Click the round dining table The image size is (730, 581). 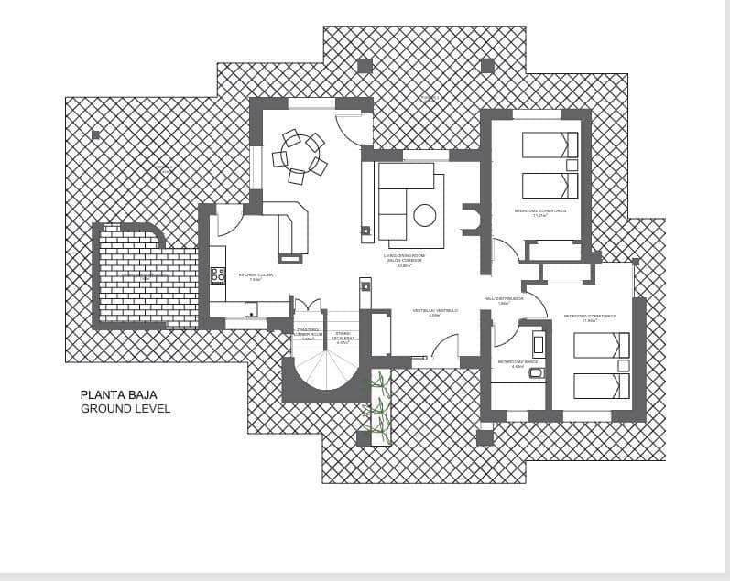[x=298, y=156]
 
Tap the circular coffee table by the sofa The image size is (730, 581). [x=424, y=215]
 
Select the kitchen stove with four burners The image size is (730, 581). [x=218, y=274]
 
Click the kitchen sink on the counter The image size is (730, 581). [x=250, y=309]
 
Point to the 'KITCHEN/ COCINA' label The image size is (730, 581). [x=256, y=274]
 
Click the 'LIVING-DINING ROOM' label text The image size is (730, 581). [x=404, y=255]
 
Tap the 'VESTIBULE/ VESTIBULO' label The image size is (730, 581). [x=434, y=311]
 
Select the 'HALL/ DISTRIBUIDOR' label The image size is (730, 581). [x=504, y=298]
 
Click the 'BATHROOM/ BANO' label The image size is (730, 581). [x=510, y=362]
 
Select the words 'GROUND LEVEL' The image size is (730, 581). [x=125, y=409]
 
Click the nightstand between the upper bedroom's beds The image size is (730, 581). [x=572, y=166]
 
